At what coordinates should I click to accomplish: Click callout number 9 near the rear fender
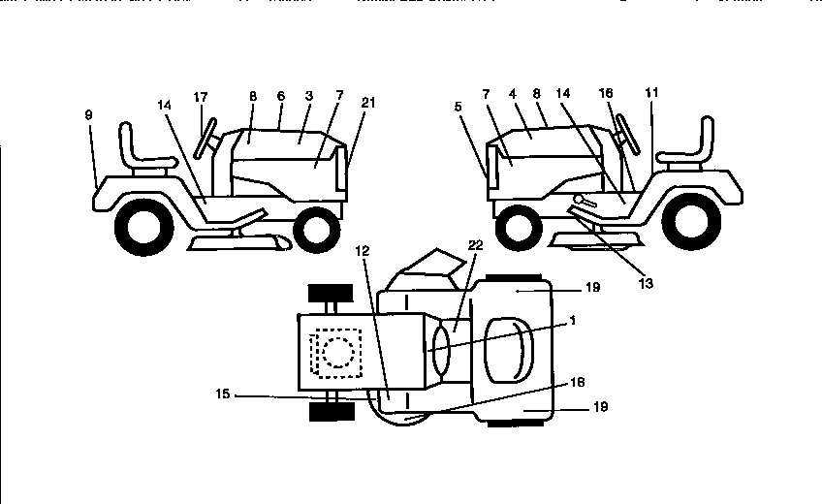pos(88,114)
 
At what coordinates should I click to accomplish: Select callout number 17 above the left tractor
pos(201,97)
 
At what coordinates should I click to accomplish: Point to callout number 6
pos(281,97)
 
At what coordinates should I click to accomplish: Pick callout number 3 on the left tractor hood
pos(308,97)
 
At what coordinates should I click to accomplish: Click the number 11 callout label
pos(651,92)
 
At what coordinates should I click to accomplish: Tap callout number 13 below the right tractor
pos(647,284)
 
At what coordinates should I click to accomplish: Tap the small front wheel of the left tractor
pos(313,230)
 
